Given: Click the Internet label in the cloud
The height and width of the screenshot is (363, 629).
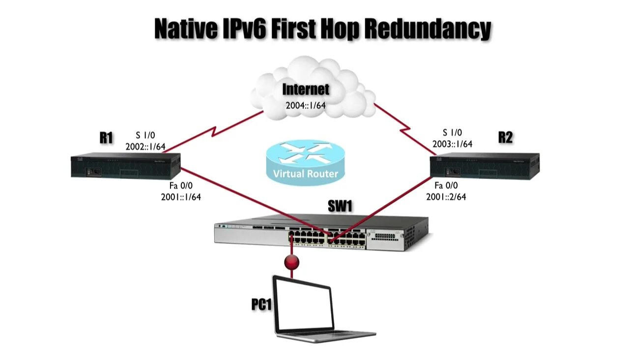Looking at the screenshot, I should coord(306,90).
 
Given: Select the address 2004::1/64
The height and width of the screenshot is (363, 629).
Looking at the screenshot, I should coord(306,105).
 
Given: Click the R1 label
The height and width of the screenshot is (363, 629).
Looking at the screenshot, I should coord(106,138).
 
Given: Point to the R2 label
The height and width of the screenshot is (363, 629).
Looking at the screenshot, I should coord(505,137).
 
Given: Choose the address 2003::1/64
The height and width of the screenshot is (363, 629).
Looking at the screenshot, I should coord(452,144).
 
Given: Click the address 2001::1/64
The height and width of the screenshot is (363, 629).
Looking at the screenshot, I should coord(180,197).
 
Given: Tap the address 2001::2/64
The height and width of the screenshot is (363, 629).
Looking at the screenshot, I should coord(446,197).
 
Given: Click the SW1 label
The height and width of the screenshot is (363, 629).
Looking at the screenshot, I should coord(340,206).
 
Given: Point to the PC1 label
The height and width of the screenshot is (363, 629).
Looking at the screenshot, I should coord(261,305).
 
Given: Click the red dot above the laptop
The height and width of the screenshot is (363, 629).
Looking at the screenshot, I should coord(292,261).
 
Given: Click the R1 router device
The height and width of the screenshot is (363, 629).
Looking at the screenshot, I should coord(126,165).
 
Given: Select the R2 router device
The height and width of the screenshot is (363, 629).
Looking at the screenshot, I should coord(485,165).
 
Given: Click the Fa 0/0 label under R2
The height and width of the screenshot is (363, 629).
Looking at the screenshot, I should coord(446,186).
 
